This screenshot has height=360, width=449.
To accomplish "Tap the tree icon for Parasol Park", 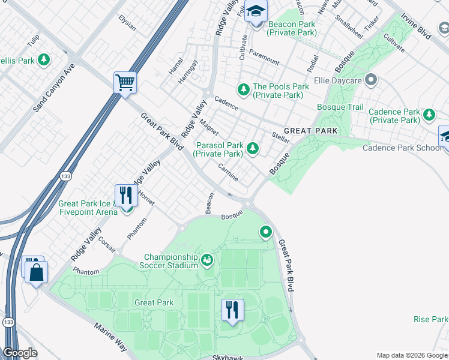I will click(x=253, y=148).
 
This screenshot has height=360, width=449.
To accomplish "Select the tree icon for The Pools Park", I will click(x=243, y=89).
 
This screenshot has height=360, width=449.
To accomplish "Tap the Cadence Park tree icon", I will click(x=429, y=114).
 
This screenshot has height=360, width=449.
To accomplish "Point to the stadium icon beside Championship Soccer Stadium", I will click(x=207, y=260).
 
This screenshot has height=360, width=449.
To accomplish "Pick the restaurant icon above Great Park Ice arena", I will click(x=125, y=194).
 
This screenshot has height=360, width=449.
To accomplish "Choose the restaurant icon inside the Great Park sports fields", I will click(x=231, y=310).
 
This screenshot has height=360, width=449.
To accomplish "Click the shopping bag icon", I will click(x=36, y=271).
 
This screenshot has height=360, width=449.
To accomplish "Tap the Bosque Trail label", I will click(x=341, y=107).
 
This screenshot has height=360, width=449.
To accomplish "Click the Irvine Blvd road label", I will click(x=417, y=28).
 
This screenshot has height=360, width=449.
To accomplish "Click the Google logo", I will click(x=20, y=353).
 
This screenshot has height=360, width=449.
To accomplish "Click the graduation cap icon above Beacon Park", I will click(x=256, y=11).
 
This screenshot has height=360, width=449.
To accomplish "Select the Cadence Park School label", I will click(x=403, y=148).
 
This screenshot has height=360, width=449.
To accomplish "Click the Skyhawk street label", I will click(x=228, y=358).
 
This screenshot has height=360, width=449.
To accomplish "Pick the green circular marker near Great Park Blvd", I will click(x=265, y=231).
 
